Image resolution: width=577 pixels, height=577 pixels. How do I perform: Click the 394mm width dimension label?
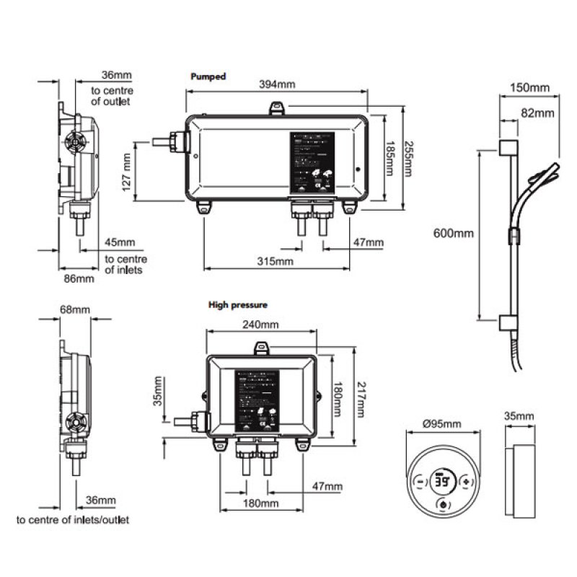pos(277,84)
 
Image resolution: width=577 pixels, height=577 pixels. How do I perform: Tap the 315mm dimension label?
pos(276,260)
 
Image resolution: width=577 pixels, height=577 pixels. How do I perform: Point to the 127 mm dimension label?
pos(127,174)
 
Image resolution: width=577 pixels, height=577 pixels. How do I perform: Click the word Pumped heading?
pos(208,76)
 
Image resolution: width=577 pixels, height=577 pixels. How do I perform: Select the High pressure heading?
pos(238,305)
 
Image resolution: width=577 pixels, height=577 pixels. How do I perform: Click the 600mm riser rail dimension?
pos(454,233)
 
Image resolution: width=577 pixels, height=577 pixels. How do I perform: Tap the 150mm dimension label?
pos(529,88)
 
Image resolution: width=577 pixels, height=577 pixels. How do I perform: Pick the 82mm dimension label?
pos(537,113)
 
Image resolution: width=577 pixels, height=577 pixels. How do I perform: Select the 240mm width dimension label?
pos(260,325)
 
